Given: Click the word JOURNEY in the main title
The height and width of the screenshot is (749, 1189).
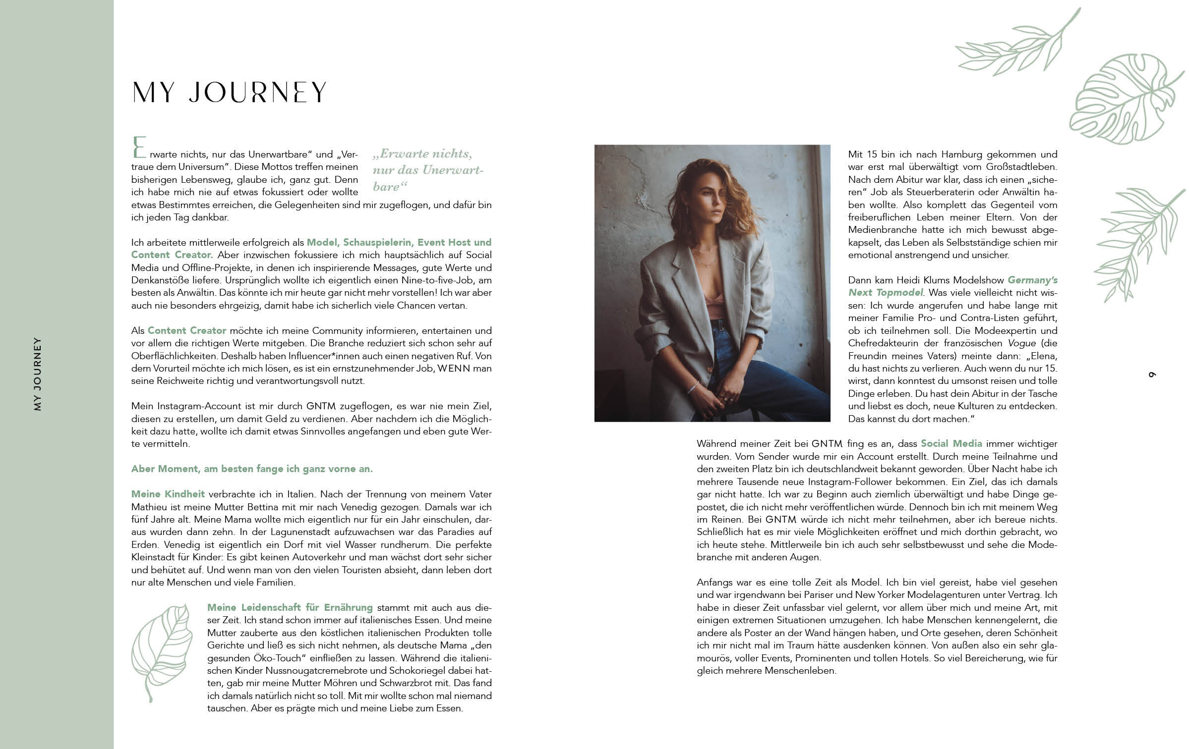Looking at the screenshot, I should (257, 93).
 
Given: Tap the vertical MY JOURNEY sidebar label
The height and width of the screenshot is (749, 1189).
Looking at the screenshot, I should (38, 374).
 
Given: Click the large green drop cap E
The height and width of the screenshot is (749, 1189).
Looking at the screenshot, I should (139, 148).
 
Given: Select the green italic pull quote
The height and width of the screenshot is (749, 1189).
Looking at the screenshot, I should (426, 170).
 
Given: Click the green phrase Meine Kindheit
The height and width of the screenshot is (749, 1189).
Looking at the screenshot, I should (168, 494).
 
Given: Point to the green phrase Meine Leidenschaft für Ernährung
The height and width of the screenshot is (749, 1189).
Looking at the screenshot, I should (290, 607).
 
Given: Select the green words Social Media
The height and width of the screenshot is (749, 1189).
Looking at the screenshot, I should (951, 444).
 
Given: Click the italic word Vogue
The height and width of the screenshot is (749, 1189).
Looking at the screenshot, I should (1021, 343).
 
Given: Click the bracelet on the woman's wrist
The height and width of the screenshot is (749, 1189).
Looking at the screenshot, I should (693, 387).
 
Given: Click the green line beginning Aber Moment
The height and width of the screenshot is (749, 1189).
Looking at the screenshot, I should (251, 469).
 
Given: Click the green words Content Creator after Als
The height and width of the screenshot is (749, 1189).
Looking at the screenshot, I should (186, 331).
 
